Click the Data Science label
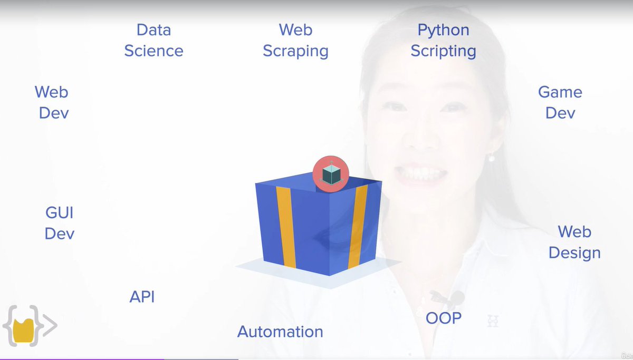tap(154, 40)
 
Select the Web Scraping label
tap(295, 40)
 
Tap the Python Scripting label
tap(443, 40)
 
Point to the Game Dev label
tap(560, 102)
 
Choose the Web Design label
tap(574, 242)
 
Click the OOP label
tap(444, 318)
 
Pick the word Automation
tap(280, 332)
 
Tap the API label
tap(142, 297)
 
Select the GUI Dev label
tap(59, 223)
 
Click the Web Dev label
tap(52, 102)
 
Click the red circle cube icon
tap(331, 173)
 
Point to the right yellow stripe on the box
tap(358, 227)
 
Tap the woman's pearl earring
tap(491, 157)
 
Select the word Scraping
tap(295, 51)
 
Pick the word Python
tap(443, 30)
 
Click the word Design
tap(574, 252)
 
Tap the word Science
tap(154, 51)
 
